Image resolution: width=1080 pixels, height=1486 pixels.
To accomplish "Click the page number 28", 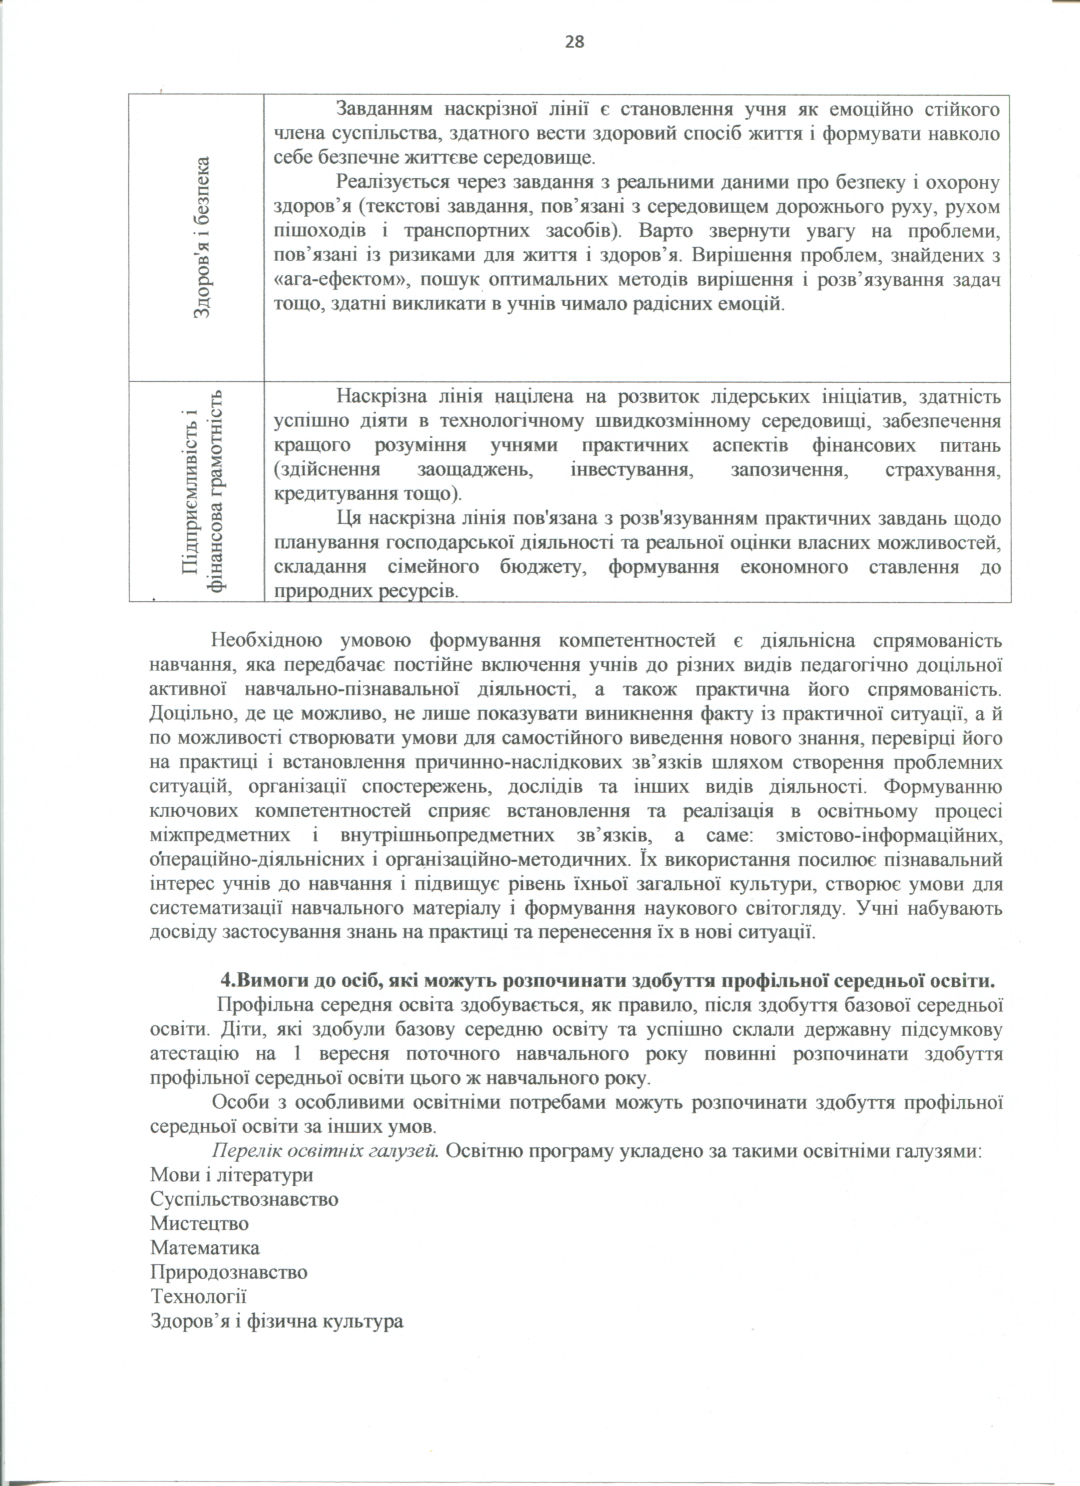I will [574, 42].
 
